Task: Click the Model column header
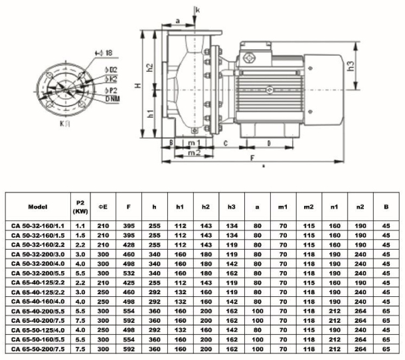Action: pyautogui.click(x=35, y=207)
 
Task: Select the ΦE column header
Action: pyautogui.click(x=104, y=207)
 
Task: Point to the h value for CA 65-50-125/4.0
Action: pyautogui.click(x=154, y=329)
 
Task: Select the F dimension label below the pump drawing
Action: pyautogui.click(x=252, y=159)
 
